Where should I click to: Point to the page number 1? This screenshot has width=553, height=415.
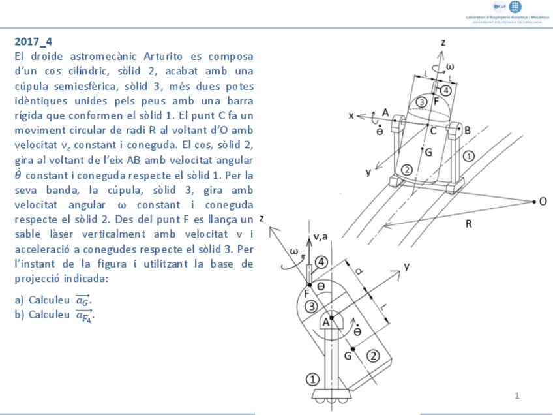coord(516,395)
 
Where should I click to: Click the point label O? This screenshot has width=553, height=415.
coord(543,202)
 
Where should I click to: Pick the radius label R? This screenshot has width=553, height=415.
coord(468,224)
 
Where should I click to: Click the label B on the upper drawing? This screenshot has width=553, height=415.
coord(467,130)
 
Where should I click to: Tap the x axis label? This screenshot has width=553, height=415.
coord(351,115)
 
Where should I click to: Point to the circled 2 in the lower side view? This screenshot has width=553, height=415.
coord(373,356)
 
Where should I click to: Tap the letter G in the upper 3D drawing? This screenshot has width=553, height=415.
coord(428,152)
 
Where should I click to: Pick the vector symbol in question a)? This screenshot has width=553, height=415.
coord(82,300)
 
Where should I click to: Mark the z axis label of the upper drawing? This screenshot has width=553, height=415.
coord(443,42)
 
